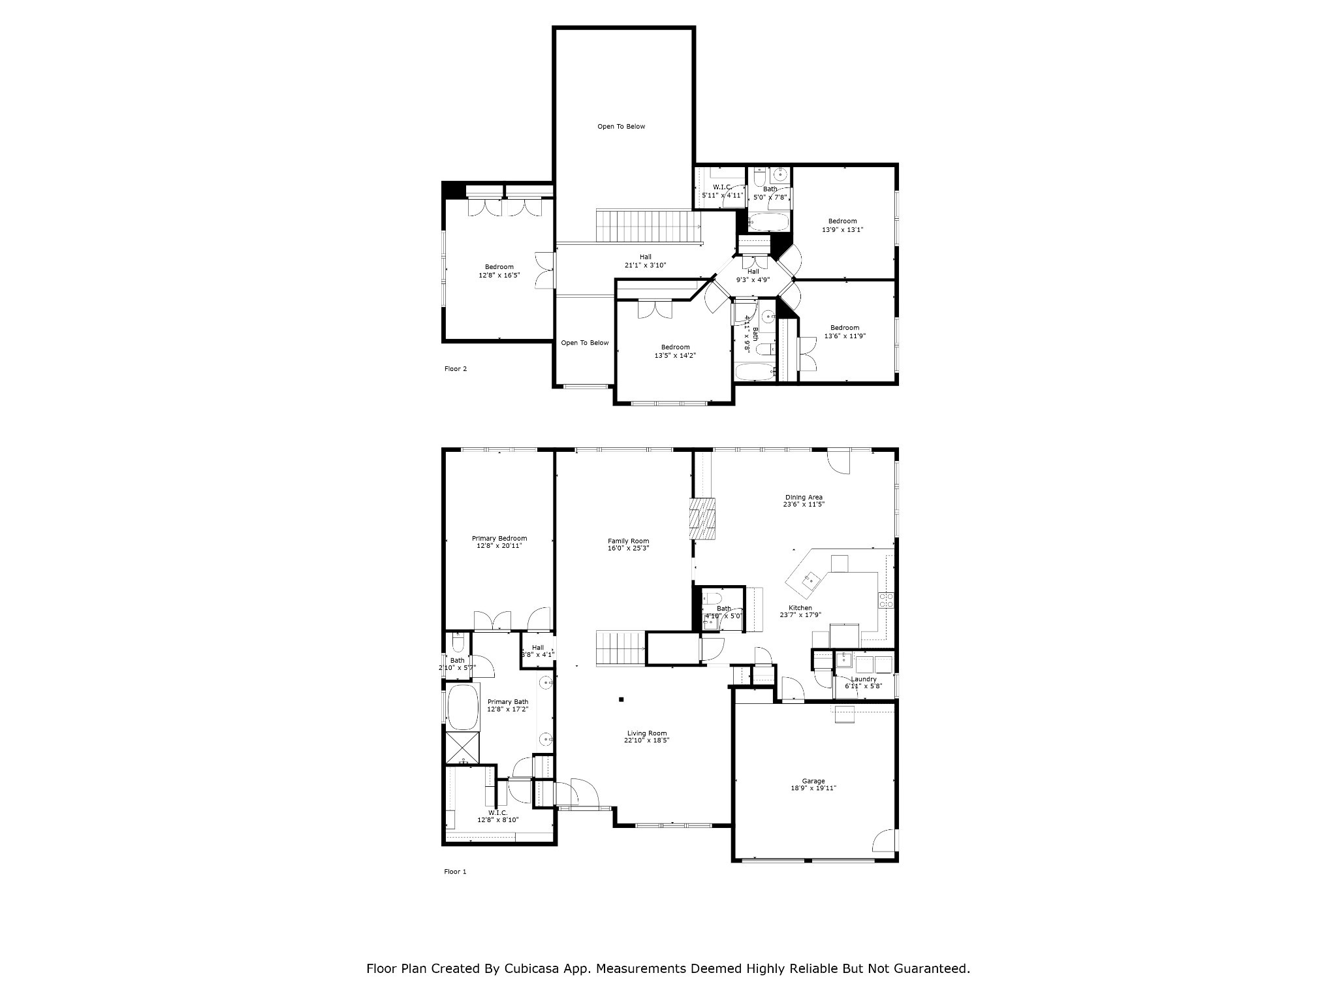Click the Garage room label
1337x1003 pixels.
[x=813, y=781]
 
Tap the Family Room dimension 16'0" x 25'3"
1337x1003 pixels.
[x=628, y=549]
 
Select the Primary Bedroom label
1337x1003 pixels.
[x=499, y=539]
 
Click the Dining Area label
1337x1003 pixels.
[x=804, y=498]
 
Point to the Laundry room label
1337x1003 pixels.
[x=863, y=679]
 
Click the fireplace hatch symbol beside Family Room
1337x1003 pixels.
[x=703, y=518]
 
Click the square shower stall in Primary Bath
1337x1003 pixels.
[x=463, y=748]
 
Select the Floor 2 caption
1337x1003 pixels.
[x=456, y=369]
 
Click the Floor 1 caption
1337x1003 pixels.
[x=456, y=872]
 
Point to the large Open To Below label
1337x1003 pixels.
[x=621, y=127]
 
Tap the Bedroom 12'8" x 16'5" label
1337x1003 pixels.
[x=499, y=267]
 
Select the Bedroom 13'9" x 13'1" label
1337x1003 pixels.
[x=842, y=221]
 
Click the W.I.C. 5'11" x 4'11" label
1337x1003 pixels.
[x=722, y=187]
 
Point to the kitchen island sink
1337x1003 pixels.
[x=811, y=578]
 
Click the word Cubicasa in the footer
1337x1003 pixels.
[x=533, y=968]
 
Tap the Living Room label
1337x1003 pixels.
[x=646, y=733]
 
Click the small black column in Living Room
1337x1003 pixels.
[x=621, y=699]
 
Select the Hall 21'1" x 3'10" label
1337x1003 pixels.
[x=645, y=257]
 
